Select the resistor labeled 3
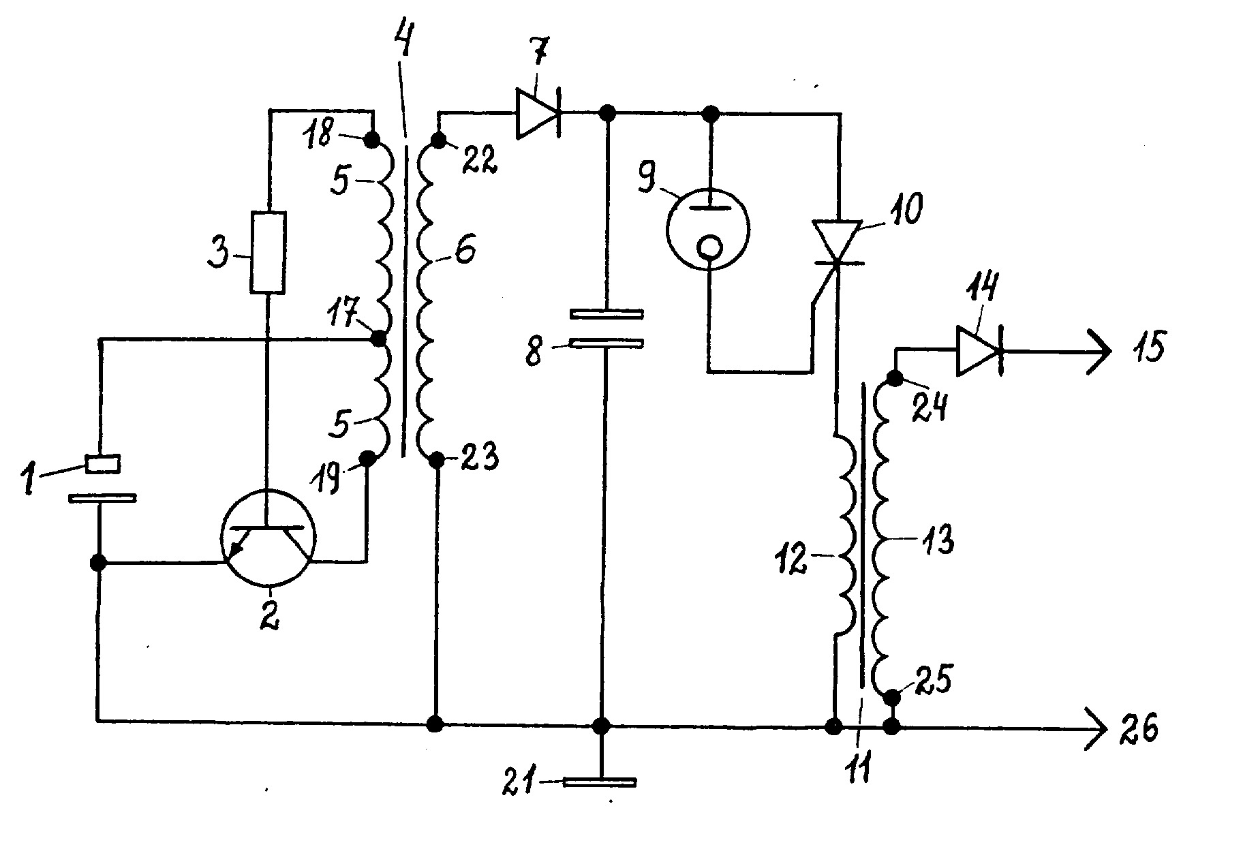tap(268, 252)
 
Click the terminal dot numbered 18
tap(372, 140)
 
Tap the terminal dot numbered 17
tap(380, 337)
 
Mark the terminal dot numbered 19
tap(368, 459)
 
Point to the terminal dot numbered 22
tap(438, 141)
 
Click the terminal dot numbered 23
tap(438, 461)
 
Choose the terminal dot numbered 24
tap(895, 377)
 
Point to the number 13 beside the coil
tap(936, 541)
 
